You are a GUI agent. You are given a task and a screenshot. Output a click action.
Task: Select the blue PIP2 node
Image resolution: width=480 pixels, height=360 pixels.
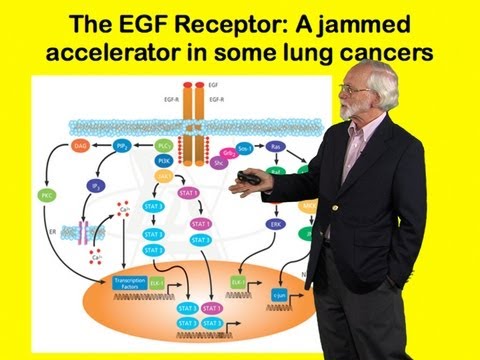pyautogui.click(x=118, y=146)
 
